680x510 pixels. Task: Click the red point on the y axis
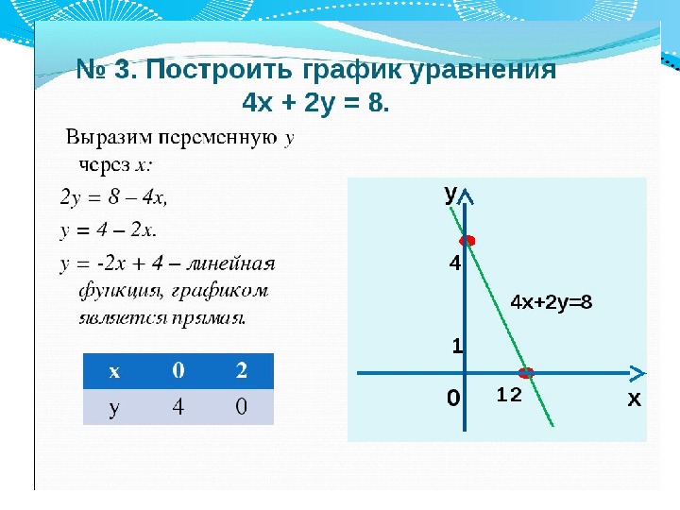click(x=467, y=241)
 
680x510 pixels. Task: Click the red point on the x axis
click(x=526, y=372)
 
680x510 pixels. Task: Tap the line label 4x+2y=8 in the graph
click(x=552, y=302)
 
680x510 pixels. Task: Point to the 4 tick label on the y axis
click(x=455, y=263)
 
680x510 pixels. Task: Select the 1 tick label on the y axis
click(x=457, y=346)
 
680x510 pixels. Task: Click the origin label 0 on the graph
click(x=453, y=398)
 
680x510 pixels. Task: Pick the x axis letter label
click(x=634, y=399)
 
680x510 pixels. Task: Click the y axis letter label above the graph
click(x=450, y=195)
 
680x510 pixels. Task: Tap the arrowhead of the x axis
click(x=637, y=373)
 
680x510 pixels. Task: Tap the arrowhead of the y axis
click(x=465, y=196)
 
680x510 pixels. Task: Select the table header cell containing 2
click(x=242, y=370)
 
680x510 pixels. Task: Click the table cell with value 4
click(x=178, y=406)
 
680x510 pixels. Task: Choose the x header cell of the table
click(x=114, y=371)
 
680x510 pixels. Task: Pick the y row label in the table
click(x=114, y=407)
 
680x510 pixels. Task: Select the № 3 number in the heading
click(x=106, y=69)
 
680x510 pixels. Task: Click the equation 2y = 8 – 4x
click(x=113, y=197)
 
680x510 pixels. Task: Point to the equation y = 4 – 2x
click(x=108, y=230)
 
